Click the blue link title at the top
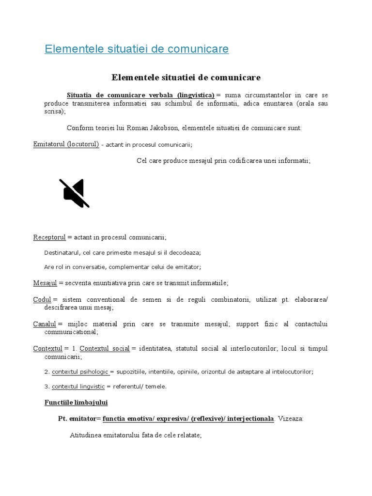tap(137, 49)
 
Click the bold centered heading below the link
tap(186, 77)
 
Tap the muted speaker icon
tap(74, 193)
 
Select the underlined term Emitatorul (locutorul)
tap(66, 144)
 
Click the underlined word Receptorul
tap(49, 237)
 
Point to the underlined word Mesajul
tap(45, 283)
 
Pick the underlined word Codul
tap(42, 300)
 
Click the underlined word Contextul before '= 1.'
tap(48, 349)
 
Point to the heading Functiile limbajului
tap(76, 403)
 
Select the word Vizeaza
tap(290, 419)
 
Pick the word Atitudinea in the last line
tap(85, 435)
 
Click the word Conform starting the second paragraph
tap(78, 128)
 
